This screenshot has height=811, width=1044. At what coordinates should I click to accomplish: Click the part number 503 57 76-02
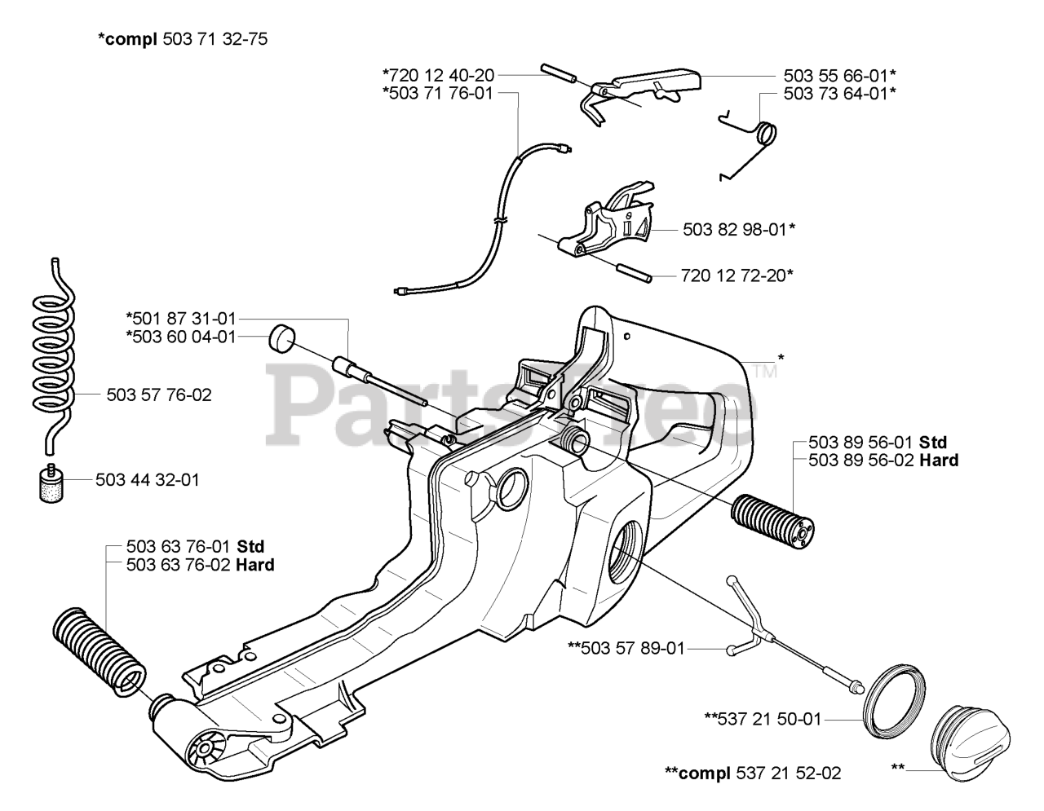coord(159,395)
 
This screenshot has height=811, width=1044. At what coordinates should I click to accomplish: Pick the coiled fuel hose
coord(54,351)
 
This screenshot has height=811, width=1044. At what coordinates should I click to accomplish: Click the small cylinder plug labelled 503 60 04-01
coord(281,337)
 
